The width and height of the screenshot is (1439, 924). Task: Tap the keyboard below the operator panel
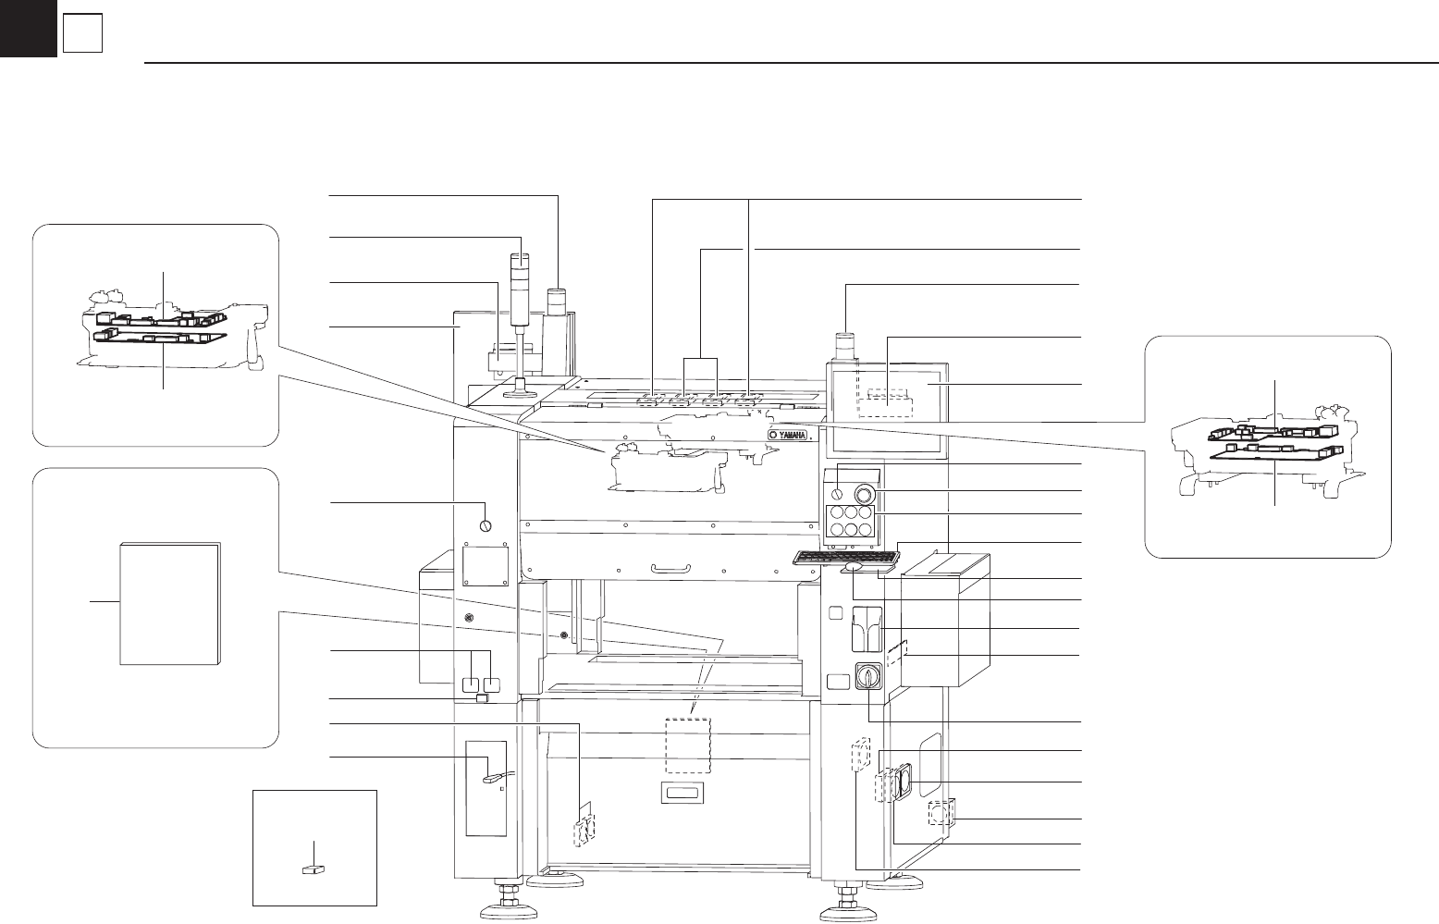[845, 557]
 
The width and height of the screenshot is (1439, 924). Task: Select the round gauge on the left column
[486, 526]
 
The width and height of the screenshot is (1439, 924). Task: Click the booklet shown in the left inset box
[170, 603]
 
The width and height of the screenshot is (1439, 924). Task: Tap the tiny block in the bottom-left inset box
[314, 870]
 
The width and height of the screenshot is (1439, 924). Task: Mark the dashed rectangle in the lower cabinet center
[687, 745]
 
